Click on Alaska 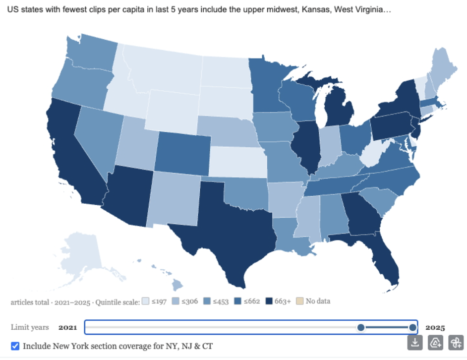(x=82, y=253)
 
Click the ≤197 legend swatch (x=146, y=301)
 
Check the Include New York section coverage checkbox (x=15, y=346)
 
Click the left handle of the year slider (x=361, y=327)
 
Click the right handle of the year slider (x=412, y=327)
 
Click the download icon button (x=415, y=342)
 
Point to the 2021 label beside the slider (x=68, y=327)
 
